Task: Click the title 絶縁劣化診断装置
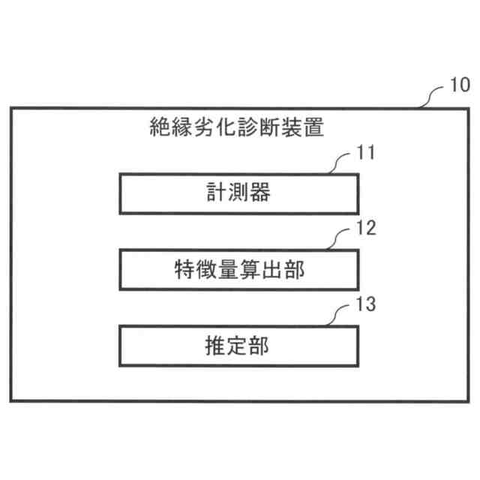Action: (238, 127)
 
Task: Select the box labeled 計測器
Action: (238, 193)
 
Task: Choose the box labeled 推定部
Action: (238, 346)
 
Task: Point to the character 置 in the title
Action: (314, 127)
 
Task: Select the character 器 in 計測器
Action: (259, 193)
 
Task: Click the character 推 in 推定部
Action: (217, 346)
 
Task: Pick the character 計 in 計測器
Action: (217, 193)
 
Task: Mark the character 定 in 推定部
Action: (238, 346)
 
